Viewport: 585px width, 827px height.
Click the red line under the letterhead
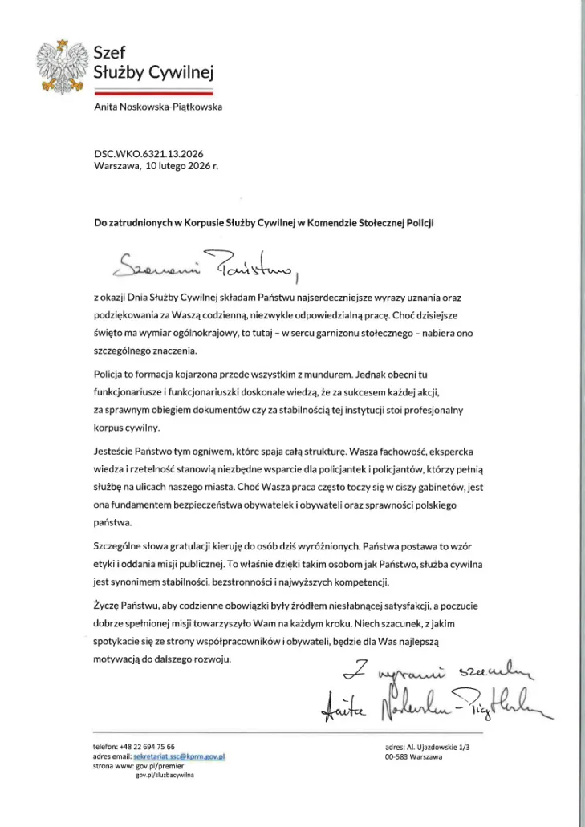pyautogui.click(x=153, y=92)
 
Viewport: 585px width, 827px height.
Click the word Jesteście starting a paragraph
pyautogui.click(x=116, y=452)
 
